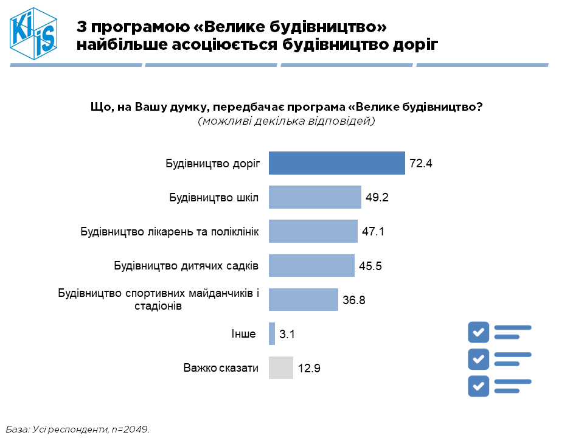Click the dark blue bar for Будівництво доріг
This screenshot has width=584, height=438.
336,163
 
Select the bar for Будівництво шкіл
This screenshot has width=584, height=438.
315,198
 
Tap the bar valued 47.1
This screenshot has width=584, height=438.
313,231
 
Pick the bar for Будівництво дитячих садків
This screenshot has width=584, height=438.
311,266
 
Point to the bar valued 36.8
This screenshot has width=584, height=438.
303,300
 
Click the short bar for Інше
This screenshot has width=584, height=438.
272,334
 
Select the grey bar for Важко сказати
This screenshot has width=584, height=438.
280,368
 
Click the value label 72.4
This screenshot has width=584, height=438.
420,164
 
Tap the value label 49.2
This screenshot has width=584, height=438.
377,198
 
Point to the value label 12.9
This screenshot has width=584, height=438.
309,369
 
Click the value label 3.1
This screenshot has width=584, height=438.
287,335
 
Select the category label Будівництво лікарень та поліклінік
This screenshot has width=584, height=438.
170,232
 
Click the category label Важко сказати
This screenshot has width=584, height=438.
221,368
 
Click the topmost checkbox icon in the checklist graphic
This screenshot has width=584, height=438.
479,332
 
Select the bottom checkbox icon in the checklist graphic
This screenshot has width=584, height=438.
479,386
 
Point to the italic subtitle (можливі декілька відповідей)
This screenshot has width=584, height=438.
286,121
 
